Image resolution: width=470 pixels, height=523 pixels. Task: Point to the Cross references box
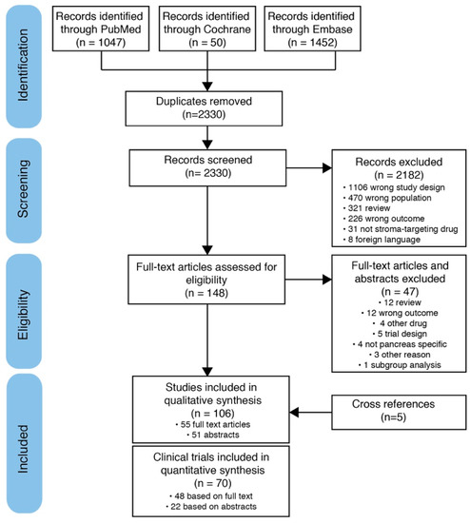click(x=386, y=410)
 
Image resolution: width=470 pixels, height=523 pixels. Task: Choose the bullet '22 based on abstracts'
click(x=219, y=503)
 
